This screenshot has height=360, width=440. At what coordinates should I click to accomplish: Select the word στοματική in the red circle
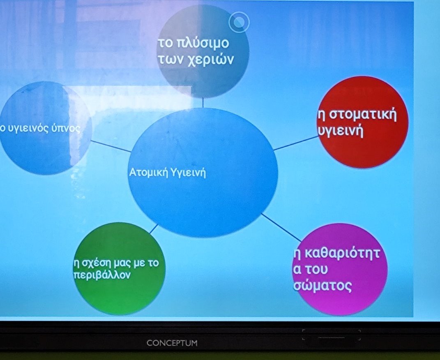click(362, 115)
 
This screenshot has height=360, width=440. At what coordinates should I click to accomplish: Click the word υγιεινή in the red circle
click(341, 131)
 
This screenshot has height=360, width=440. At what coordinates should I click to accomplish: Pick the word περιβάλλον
click(102, 275)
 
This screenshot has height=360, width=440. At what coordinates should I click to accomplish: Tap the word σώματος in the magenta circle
click(322, 286)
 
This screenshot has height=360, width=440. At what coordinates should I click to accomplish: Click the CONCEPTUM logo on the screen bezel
click(172, 343)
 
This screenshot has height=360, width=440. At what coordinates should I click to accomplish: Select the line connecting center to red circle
click(296, 143)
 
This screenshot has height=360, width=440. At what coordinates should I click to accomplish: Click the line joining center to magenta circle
click(281, 228)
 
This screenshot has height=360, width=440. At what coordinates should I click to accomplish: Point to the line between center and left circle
click(111, 146)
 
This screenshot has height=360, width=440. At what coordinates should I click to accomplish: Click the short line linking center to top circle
click(203, 103)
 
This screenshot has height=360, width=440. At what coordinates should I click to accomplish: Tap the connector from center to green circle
click(154, 229)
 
